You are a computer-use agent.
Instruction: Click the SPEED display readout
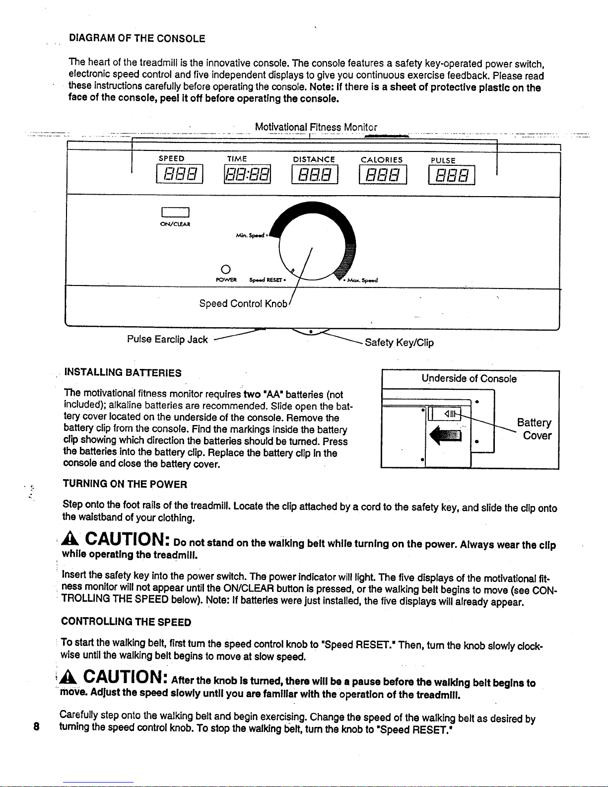179,174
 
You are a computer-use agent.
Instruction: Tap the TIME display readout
247,174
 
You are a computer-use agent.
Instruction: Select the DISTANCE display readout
315,174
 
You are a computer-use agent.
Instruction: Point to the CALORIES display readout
382,174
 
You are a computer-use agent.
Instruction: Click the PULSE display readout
451,174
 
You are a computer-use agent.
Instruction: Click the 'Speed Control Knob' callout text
243,303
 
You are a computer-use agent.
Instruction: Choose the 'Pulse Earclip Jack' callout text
167,340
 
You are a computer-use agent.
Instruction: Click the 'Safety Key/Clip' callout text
399,343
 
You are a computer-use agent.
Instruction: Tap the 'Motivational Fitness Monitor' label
316,127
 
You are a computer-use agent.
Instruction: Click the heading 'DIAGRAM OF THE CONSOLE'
137,38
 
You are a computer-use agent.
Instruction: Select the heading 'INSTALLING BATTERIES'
123,372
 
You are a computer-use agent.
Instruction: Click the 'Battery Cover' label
534,429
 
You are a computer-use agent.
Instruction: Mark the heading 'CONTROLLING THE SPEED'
126,622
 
